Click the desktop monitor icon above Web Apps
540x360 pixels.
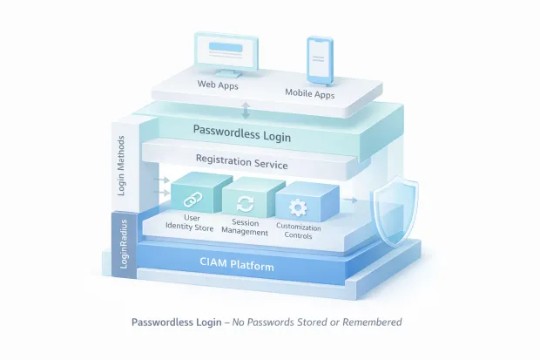[x=227, y=55]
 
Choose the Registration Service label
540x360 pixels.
[x=241, y=162]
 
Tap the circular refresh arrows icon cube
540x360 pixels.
[x=246, y=203]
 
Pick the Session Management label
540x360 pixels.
[x=245, y=228]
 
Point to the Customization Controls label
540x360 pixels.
[x=299, y=232]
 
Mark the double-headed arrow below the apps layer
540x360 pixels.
[x=246, y=110]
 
